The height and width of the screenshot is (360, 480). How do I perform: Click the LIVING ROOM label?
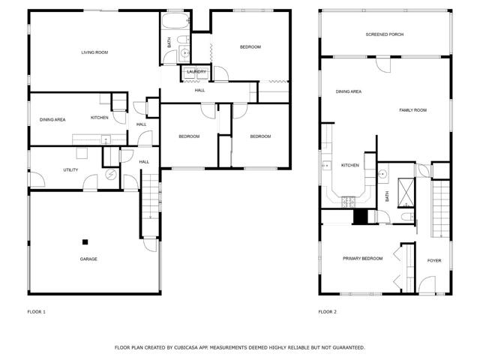coord(95,52)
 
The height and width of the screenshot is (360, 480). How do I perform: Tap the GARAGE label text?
coord(88,259)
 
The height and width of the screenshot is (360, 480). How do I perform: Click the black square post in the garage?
coord(85,241)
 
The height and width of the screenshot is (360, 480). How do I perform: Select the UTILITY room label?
coord(70,170)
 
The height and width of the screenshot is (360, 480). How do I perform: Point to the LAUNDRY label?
coord(196,72)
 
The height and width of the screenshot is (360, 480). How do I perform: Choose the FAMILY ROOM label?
coord(412,110)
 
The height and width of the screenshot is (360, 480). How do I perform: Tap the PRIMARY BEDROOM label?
coord(362,258)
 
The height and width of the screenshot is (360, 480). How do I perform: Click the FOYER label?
coord(434,261)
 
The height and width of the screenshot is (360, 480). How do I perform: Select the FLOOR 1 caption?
coord(37,311)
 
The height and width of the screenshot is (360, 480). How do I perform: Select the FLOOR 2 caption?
coord(328,311)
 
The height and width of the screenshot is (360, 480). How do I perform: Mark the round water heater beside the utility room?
coord(112,175)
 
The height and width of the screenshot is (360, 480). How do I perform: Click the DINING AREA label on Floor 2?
coord(349,91)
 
